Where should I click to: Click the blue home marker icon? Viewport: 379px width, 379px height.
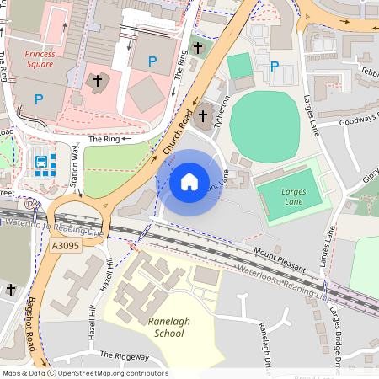(189, 181)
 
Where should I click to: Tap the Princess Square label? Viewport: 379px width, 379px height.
(40, 59)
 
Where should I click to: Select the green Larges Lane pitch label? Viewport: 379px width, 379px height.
(294, 196)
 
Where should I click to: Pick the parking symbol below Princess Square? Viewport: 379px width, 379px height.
(38, 99)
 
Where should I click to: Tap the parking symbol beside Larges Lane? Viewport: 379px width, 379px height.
(273, 67)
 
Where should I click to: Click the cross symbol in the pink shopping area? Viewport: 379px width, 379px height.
(97, 82)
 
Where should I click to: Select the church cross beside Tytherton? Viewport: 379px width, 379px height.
(198, 46)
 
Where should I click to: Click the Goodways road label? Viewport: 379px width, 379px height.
(357, 122)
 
